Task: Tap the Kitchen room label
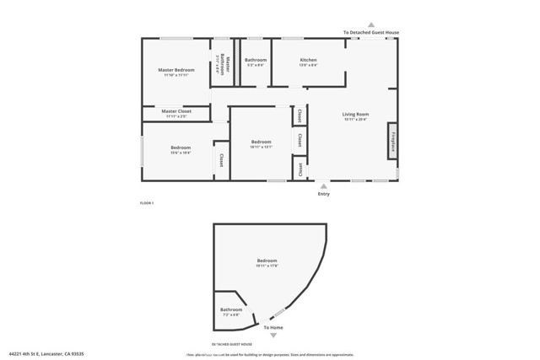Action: click(308, 60)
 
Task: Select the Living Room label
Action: click(355, 114)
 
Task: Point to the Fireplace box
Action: click(393, 140)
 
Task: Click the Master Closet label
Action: click(176, 111)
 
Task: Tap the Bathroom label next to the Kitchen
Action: click(256, 60)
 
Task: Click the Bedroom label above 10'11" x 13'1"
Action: click(262, 142)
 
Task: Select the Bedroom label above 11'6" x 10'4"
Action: click(181, 148)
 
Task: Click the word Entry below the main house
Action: click(324, 194)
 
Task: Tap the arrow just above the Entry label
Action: click(324, 185)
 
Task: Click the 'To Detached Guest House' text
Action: click(370, 32)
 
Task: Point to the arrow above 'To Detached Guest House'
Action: click(370, 24)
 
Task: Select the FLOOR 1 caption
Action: click(147, 204)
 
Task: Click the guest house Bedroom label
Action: click(267, 261)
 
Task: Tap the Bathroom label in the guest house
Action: click(231, 309)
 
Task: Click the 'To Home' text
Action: click(273, 327)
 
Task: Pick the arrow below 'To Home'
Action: click(273, 336)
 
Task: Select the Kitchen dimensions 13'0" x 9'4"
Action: click(308, 65)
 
